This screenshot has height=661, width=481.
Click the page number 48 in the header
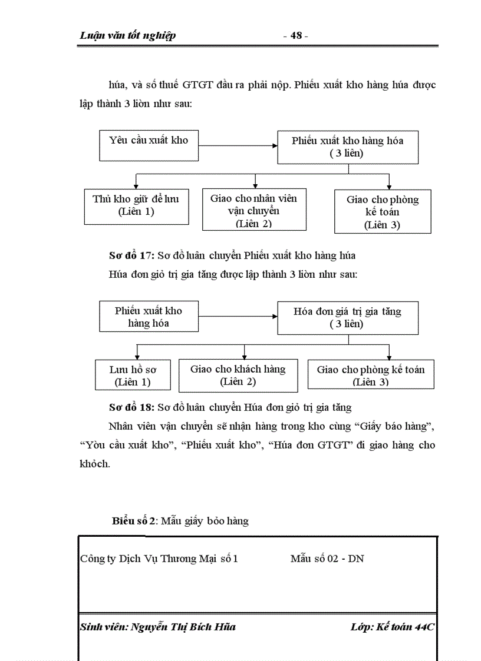pos(296,36)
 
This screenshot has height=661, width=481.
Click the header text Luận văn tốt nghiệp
pos(127,36)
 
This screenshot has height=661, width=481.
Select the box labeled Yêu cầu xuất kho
pos(149,145)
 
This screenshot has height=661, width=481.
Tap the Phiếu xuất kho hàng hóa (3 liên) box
pos(348,147)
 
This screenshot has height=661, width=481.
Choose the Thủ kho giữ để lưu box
pos(136,205)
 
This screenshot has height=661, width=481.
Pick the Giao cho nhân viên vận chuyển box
pos(253,210)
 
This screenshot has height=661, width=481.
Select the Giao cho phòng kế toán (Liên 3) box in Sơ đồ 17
pos(382,211)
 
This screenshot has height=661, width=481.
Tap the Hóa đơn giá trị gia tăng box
pos(348,318)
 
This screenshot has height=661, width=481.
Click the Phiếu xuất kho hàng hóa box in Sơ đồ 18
pos(149,317)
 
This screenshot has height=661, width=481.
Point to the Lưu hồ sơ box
pos(133,376)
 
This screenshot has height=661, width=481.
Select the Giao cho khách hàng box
pos(238,375)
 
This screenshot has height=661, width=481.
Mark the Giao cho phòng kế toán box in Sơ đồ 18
pos(371,375)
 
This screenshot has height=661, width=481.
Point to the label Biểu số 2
pos(134,521)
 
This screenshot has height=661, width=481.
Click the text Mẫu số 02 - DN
pos(327,559)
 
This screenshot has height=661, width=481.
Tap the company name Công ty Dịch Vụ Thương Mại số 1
pos(159,559)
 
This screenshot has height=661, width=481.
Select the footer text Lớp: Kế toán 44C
pos(392,627)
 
